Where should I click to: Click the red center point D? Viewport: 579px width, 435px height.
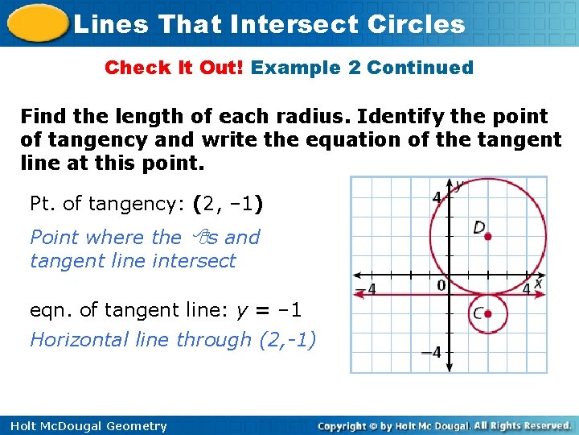(x=488, y=236)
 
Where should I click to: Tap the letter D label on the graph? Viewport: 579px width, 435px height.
(x=478, y=228)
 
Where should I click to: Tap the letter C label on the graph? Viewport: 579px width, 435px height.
(x=478, y=313)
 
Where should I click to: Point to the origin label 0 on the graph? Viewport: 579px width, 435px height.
(x=441, y=285)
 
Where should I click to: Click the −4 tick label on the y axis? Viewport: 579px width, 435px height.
(x=433, y=351)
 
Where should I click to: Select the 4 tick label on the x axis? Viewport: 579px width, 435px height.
(x=526, y=288)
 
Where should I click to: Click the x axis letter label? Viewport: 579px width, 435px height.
(x=538, y=284)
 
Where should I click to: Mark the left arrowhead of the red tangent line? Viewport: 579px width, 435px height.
(x=359, y=296)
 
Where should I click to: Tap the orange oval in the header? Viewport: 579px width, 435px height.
(x=35, y=23)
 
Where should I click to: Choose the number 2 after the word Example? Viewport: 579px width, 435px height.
(x=355, y=68)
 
